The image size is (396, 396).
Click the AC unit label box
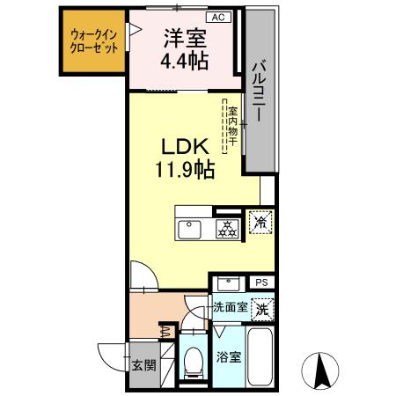pyautogui.click(x=216, y=17)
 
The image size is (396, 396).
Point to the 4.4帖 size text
pyautogui.click(x=185, y=63)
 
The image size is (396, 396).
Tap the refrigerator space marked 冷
pyautogui.click(x=260, y=224)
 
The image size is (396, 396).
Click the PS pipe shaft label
pyautogui.click(x=261, y=282)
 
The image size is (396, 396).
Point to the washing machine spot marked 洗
pyautogui.click(x=261, y=310)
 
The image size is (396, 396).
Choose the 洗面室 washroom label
pyautogui.click(x=231, y=309)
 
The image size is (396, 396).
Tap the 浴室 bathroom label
pyautogui.click(x=227, y=359)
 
